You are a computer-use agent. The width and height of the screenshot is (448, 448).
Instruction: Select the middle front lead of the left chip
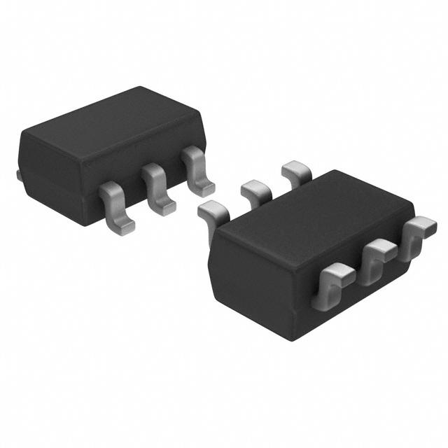pyautogui.click(x=157, y=187)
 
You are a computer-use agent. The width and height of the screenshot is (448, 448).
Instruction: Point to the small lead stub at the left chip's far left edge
pyautogui.click(x=18, y=174)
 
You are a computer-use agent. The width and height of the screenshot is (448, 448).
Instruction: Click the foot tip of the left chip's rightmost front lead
pyautogui.click(x=204, y=188)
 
